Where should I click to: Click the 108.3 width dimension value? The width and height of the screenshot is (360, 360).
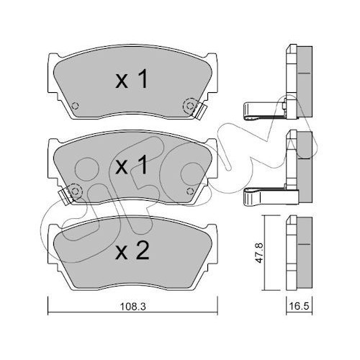pyautogui.click(x=132, y=307)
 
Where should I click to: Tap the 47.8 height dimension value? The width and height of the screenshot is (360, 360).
pyautogui.click(x=259, y=253)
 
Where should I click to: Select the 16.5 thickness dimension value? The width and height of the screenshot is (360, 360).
pyautogui.click(x=300, y=307)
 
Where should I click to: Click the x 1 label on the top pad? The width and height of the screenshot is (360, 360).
pyautogui.click(x=132, y=80)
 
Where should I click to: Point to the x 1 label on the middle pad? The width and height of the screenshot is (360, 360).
pyautogui.click(x=132, y=165)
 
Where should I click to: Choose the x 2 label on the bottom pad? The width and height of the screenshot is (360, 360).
pyautogui.click(x=132, y=251)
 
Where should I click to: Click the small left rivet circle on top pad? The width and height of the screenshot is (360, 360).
pyautogui.click(x=76, y=106)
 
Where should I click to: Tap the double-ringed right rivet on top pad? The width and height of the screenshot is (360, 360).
pyautogui.click(x=190, y=106)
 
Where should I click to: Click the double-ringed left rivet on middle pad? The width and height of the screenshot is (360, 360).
pyautogui.click(x=76, y=191)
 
